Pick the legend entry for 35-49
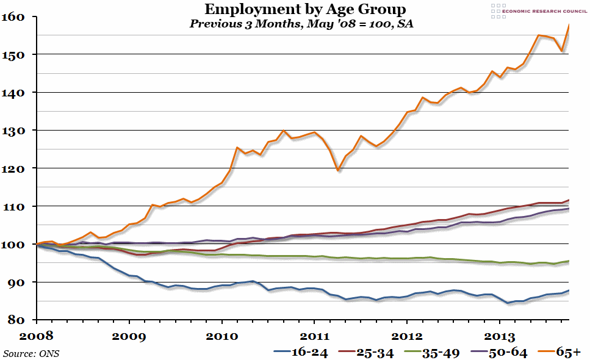click(x=442, y=352)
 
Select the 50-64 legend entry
click(x=504, y=352)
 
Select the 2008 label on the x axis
click(x=36, y=336)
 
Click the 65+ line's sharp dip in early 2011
click(x=338, y=171)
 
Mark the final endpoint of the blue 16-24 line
click(x=569, y=290)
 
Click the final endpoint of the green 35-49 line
click(x=569, y=261)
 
